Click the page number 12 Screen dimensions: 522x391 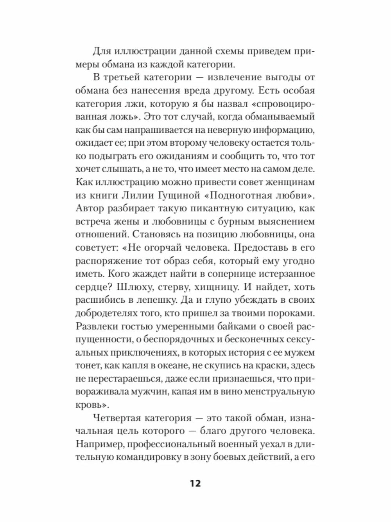[195, 483]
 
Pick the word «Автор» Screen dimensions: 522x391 [90, 208]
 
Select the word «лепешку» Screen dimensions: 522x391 [176, 300]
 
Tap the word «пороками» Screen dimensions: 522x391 [287, 313]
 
